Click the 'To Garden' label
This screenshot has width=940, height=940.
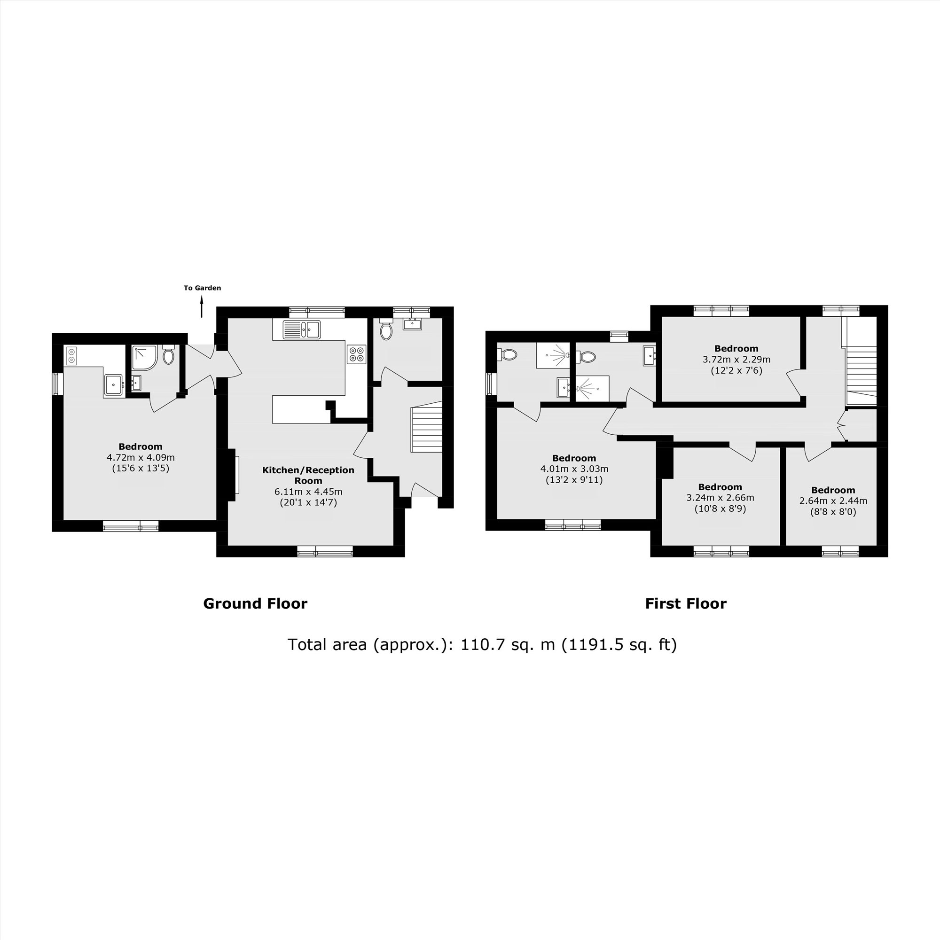point(202,288)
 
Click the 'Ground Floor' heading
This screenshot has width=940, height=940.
point(255,604)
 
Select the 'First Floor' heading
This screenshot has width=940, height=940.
point(686,604)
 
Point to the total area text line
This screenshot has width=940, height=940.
point(482,645)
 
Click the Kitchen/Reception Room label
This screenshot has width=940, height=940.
point(308,475)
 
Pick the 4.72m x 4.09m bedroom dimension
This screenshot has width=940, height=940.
point(141,457)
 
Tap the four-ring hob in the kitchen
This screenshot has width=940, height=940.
point(357,354)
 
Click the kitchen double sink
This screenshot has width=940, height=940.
point(302,329)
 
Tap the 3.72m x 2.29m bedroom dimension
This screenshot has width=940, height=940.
point(736,360)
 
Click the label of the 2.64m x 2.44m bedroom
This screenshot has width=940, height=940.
point(833,490)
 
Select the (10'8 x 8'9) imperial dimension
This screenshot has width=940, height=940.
point(720,509)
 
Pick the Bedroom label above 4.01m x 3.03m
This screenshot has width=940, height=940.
point(574,458)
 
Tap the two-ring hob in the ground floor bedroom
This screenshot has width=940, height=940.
point(71,356)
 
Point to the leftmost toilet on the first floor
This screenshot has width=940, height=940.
point(508,354)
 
